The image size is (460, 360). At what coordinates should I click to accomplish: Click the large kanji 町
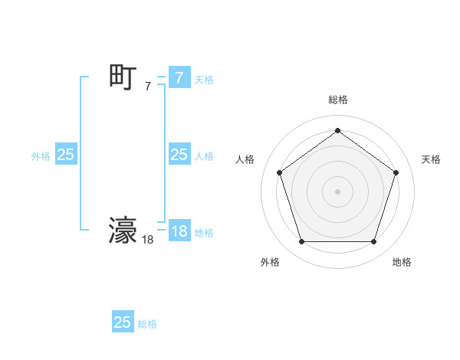[x=123, y=77]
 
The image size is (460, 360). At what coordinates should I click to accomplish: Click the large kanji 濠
[x=123, y=231]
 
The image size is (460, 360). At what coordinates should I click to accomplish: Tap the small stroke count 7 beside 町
[x=148, y=87]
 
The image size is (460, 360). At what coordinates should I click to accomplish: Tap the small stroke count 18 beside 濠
[x=148, y=240]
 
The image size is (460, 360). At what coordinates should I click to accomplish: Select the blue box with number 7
[x=179, y=78]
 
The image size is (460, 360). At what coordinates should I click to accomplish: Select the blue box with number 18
[x=179, y=231]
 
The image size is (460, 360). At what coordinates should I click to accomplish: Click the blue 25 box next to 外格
[x=65, y=155]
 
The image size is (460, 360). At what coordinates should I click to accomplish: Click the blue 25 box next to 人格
[x=179, y=155]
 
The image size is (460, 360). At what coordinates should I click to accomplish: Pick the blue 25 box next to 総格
[x=123, y=322]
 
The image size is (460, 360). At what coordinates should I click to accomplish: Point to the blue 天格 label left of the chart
[x=204, y=80]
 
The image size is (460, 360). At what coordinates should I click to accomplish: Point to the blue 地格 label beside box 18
[x=204, y=233]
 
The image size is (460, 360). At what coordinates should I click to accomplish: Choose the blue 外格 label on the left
[x=41, y=156]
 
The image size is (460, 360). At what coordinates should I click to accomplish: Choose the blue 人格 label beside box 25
[x=204, y=156]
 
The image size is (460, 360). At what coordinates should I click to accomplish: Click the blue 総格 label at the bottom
[x=147, y=324]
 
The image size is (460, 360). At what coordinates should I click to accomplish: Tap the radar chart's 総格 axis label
[x=337, y=100]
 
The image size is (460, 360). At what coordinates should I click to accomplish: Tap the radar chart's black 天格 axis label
[x=431, y=159]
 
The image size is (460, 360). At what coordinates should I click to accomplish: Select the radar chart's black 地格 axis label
[x=402, y=262]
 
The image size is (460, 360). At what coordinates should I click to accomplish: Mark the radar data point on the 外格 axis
[x=301, y=242]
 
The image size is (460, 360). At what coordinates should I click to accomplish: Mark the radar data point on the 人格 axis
[x=279, y=172]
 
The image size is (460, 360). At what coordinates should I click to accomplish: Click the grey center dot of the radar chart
[x=337, y=191]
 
